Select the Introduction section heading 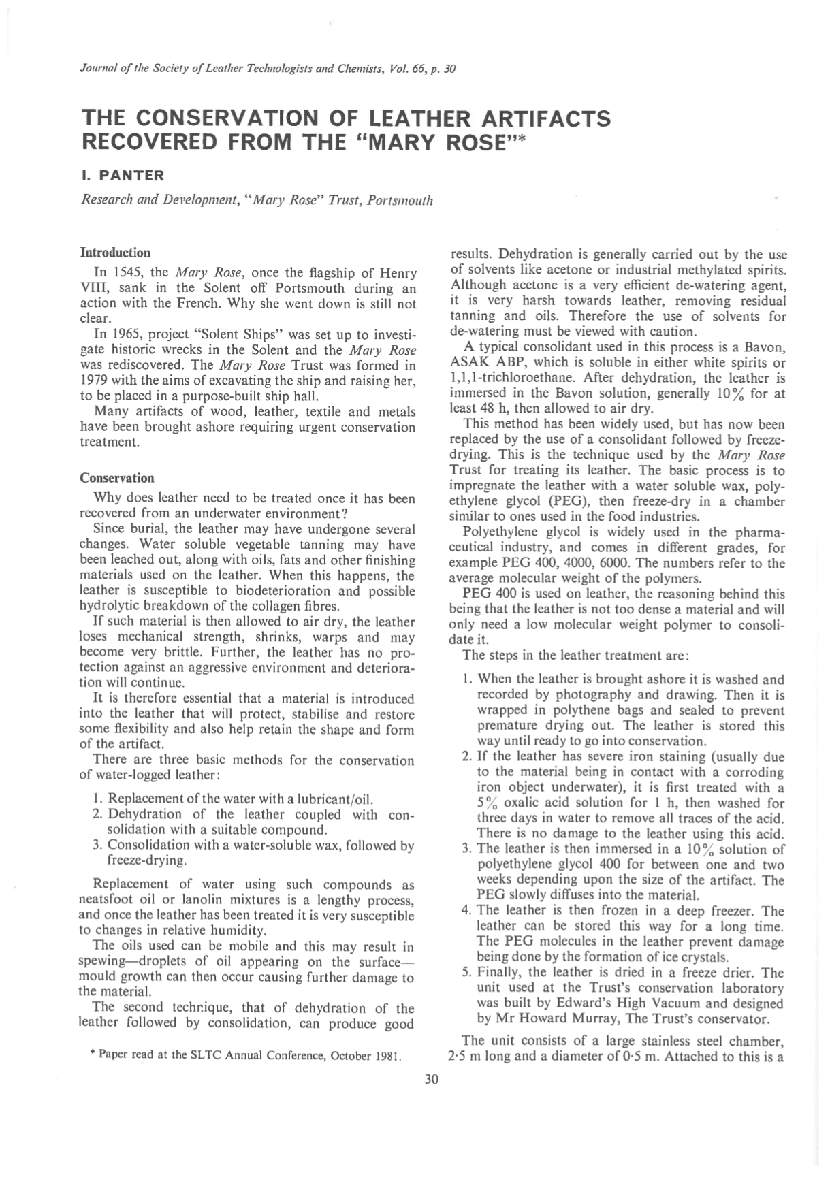pyautogui.click(x=115, y=253)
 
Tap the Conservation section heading pyautogui.click(x=117, y=477)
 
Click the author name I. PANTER pyautogui.click(x=123, y=176)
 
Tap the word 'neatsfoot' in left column pyautogui.click(x=108, y=899)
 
